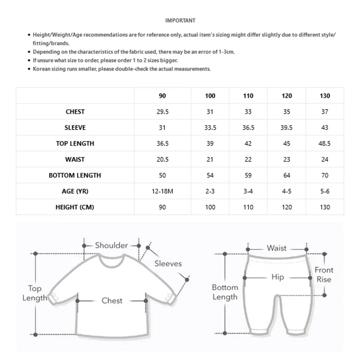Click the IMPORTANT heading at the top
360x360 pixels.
coord(180,20)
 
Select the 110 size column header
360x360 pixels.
coord(248,96)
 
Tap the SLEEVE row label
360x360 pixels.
coord(75,128)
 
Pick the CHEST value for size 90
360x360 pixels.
coord(162,112)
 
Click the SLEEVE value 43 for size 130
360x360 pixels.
coord(325,128)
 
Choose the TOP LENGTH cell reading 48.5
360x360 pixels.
coord(325,144)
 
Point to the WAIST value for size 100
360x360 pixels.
coord(210,159)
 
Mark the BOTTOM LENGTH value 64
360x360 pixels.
coord(287,175)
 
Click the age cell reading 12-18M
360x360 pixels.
coord(162,191)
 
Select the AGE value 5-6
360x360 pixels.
coord(325,191)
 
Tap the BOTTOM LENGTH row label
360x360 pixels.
coord(75,175)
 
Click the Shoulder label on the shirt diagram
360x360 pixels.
coord(112,245)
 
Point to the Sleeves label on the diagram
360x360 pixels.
coord(168,264)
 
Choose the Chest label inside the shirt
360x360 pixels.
coord(112,300)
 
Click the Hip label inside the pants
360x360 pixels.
coord(278,277)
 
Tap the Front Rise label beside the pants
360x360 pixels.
coord(324,274)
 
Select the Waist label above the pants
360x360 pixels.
coord(276,248)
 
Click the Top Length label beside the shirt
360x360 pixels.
coord(35,293)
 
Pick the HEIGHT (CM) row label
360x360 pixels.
coord(75,207)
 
